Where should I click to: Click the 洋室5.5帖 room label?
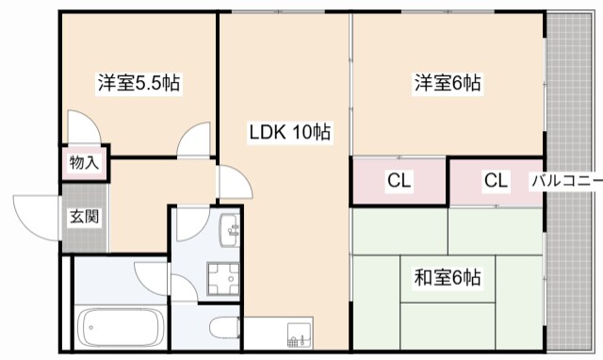pyautogui.click(x=139, y=83)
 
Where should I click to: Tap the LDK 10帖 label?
pyautogui.click(x=290, y=132)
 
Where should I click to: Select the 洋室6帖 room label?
pyautogui.click(x=448, y=83)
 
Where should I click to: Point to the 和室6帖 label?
pyautogui.click(x=448, y=277)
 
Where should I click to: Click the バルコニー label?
pyautogui.click(x=567, y=180)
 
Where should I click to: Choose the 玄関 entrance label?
pyautogui.click(x=84, y=217)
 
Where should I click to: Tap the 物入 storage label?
pyautogui.click(x=84, y=162)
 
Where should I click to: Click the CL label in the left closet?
pyautogui.click(x=399, y=180)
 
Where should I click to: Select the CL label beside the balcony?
pyautogui.click(x=496, y=180)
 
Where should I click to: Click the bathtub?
pyautogui.click(x=121, y=328)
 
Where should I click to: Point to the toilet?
pyautogui.click(x=224, y=328)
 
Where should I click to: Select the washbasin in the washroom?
pyautogui.click(x=230, y=230)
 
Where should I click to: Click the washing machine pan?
pyautogui.click(x=223, y=278)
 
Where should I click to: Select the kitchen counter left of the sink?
pyautogui.click(x=266, y=333)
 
